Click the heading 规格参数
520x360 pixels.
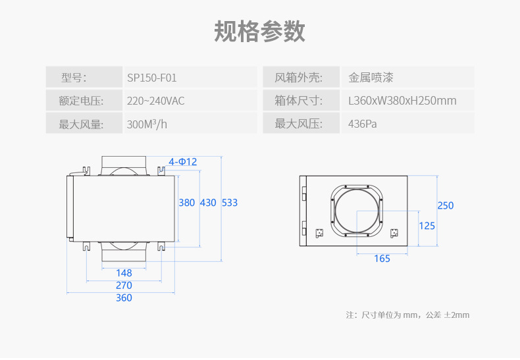coord(259,31)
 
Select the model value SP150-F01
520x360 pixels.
coord(152,78)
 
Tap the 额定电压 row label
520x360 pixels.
coord(82,101)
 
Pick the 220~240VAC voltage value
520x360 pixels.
coord(156,101)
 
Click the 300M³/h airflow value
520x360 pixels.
coord(147,124)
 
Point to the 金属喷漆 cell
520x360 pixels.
coord(371,78)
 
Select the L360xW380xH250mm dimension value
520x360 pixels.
coord(402,101)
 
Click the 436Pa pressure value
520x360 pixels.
coord(363,124)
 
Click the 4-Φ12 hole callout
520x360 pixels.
coord(182,162)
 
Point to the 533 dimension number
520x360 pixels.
coord(230,203)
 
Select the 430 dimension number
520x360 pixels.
coord(208,203)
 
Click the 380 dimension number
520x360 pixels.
coord(187,203)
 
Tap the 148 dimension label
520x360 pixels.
coord(124,273)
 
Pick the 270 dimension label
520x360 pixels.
coord(124,286)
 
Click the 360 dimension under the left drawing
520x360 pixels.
coord(124,298)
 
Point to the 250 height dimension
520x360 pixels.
coord(446,206)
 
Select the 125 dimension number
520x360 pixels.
coord(427,226)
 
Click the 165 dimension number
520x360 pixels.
coord(382,259)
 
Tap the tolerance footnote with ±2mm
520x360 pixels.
coord(408,315)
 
